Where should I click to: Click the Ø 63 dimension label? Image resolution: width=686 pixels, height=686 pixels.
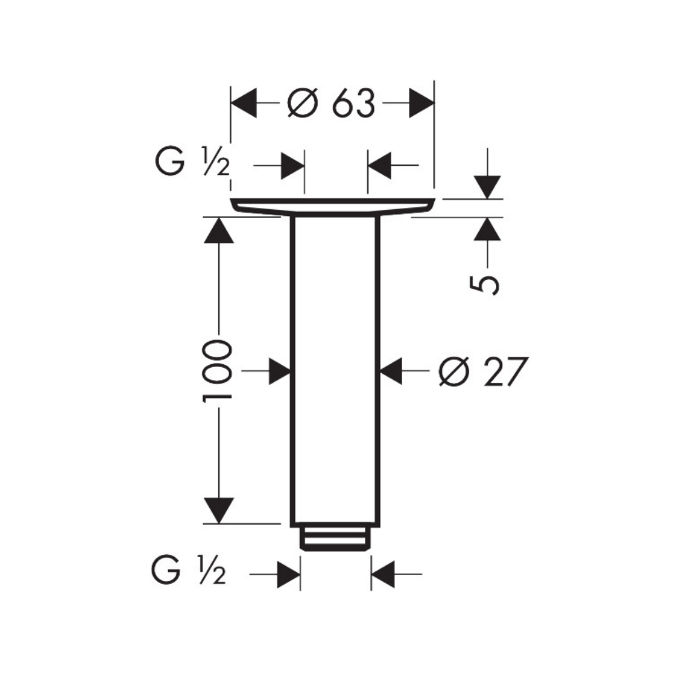[x=331, y=104]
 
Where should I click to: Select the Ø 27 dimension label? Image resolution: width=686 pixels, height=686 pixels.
[x=483, y=371]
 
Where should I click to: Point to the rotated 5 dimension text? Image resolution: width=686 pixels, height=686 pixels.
[x=484, y=285]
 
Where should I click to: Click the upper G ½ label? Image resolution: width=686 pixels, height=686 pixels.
[x=193, y=161]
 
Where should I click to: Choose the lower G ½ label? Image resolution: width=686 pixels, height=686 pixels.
[x=189, y=569]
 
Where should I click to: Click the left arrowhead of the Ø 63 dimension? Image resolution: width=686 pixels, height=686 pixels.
[x=244, y=104]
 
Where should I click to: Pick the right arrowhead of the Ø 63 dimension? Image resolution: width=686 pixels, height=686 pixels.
[x=422, y=104]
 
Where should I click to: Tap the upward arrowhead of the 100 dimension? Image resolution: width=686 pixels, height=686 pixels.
[x=219, y=230]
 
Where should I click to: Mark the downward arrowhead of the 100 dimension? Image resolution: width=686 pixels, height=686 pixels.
[x=219, y=510]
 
